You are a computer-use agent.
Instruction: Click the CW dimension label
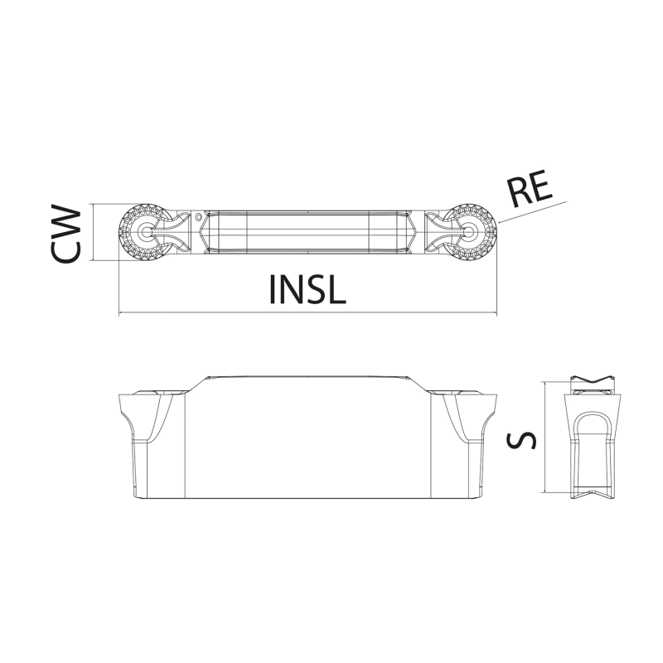coord(65,233)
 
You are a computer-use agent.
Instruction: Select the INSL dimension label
coord(307,289)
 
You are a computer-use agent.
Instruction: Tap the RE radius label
coord(530,188)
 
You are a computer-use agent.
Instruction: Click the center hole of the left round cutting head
coord(147,232)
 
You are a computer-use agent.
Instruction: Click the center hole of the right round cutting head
coord(469,232)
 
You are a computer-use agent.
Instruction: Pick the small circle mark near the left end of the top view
coord(198,217)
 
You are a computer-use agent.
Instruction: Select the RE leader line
coord(532,212)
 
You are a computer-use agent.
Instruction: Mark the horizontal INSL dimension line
coord(307,313)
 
